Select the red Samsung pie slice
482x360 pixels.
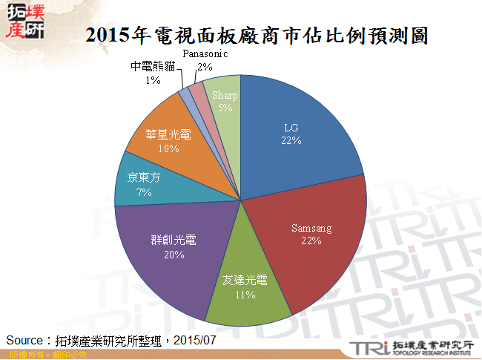coord(308,238)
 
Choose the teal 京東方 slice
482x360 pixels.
coord(141,186)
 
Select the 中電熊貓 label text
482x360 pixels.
coord(153,66)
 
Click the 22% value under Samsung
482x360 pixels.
coord(311,240)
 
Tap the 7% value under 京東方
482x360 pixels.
coord(144,192)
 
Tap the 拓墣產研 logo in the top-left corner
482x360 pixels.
coord(24,21)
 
